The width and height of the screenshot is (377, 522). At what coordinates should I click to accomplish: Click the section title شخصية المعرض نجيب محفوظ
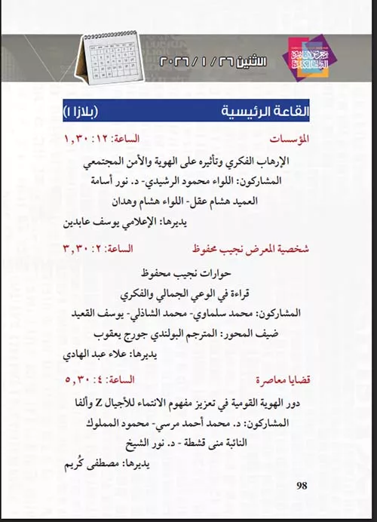tap(255, 248)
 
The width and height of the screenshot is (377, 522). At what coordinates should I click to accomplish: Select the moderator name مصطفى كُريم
tap(100, 464)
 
